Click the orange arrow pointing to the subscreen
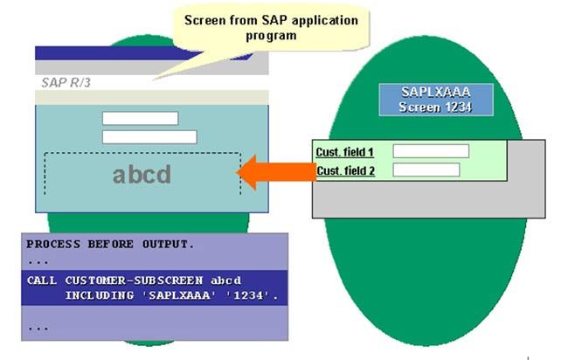click(x=277, y=172)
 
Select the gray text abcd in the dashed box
click(x=142, y=175)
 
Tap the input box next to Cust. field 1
click(x=431, y=151)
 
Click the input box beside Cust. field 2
click(x=426, y=170)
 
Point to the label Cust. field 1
click(x=344, y=152)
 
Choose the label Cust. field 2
click(x=345, y=170)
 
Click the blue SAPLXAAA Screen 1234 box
click(x=436, y=100)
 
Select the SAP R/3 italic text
click(x=66, y=83)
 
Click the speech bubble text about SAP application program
click(x=271, y=28)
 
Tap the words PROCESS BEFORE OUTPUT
click(x=110, y=244)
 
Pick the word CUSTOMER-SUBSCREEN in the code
click(x=134, y=280)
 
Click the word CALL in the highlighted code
click(x=42, y=280)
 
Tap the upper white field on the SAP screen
click(x=140, y=118)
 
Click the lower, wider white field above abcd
click(x=149, y=137)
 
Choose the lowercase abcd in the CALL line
click(x=225, y=280)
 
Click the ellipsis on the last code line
click(x=38, y=329)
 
